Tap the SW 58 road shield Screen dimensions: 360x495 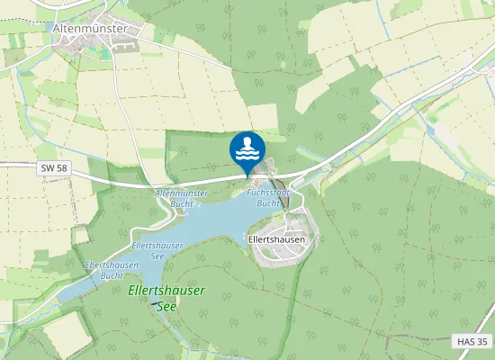tap(53, 168)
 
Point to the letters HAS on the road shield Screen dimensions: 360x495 tap(463, 342)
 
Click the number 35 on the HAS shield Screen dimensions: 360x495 tap(481, 342)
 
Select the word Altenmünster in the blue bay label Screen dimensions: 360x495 tap(181, 193)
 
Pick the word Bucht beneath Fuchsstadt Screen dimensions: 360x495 tap(267, 203)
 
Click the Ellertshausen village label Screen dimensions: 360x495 tap(276, 240)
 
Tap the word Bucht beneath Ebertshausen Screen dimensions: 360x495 tap(112, 275)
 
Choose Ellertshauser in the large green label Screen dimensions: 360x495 tap(166, 292)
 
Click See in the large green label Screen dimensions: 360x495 tap(167, 306)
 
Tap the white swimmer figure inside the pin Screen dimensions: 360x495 tap(247, 144)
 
